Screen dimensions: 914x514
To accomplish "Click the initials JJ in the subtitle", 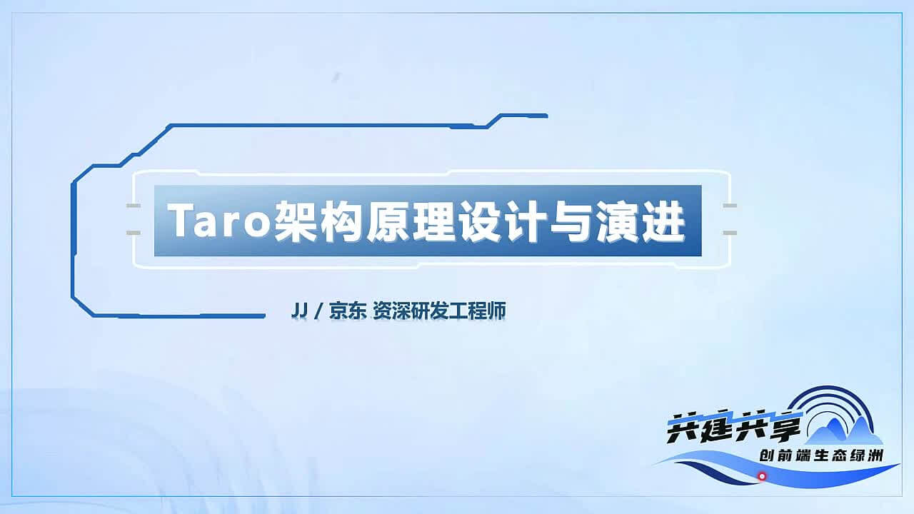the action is (x=299, y=311).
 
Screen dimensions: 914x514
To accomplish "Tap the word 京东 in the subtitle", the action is (x=347, y=311).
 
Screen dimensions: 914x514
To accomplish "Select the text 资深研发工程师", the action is (x=439, y=311).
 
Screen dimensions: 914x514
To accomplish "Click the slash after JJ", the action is (x=319, y=311).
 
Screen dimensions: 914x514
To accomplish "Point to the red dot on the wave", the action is (x=762, y=476).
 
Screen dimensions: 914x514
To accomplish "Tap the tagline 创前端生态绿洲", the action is (x=820, y=455).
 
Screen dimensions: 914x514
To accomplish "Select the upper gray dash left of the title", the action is (x=134, y=206).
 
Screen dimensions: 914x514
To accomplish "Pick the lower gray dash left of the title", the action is (x=134, y=233).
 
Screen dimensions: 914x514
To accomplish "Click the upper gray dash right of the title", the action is (x=730, y=206).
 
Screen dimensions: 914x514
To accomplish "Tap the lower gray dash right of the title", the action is (x=730, y=233).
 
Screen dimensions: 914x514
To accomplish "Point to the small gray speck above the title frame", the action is (x=336, y=76).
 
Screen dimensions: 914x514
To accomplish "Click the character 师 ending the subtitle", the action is (x=497, y=311).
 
